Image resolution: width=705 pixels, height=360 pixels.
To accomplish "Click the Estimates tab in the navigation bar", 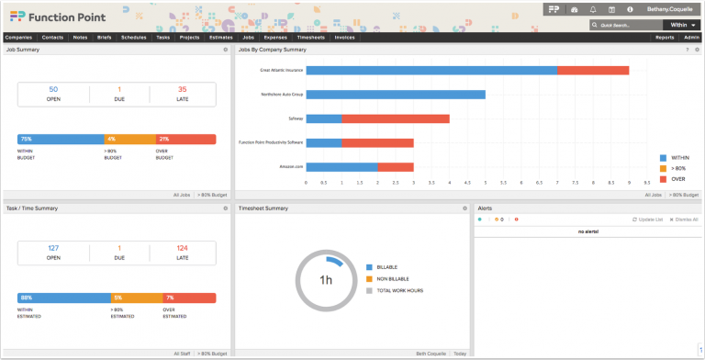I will tap(219, 38).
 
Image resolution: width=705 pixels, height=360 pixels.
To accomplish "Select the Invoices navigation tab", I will tap(344, 38).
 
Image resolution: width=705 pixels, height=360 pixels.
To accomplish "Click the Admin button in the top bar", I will tap(691, 38).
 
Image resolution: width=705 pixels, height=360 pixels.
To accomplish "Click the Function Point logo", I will tap(48, 17).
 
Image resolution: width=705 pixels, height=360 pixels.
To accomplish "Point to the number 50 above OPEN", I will tap(53, 89).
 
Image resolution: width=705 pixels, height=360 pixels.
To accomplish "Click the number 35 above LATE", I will tap(182, 89).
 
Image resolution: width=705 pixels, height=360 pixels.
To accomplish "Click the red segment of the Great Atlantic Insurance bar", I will tap(592, 70).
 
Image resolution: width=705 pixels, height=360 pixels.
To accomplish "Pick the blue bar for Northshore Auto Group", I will tap(395, 94).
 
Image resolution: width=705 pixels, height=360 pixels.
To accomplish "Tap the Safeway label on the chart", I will tap(296, 118).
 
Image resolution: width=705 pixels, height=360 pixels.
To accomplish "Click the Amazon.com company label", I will tap(291, 166).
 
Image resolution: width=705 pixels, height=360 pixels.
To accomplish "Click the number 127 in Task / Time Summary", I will tap(53, 248).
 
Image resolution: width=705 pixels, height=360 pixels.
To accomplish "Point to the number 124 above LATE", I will tap(182, 248).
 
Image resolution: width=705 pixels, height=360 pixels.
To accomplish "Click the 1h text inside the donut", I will tap(325, 279).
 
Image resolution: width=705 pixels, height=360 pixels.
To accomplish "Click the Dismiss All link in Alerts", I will tap(684, 219).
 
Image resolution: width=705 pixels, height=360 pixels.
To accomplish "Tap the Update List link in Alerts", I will tap(649, 219).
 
